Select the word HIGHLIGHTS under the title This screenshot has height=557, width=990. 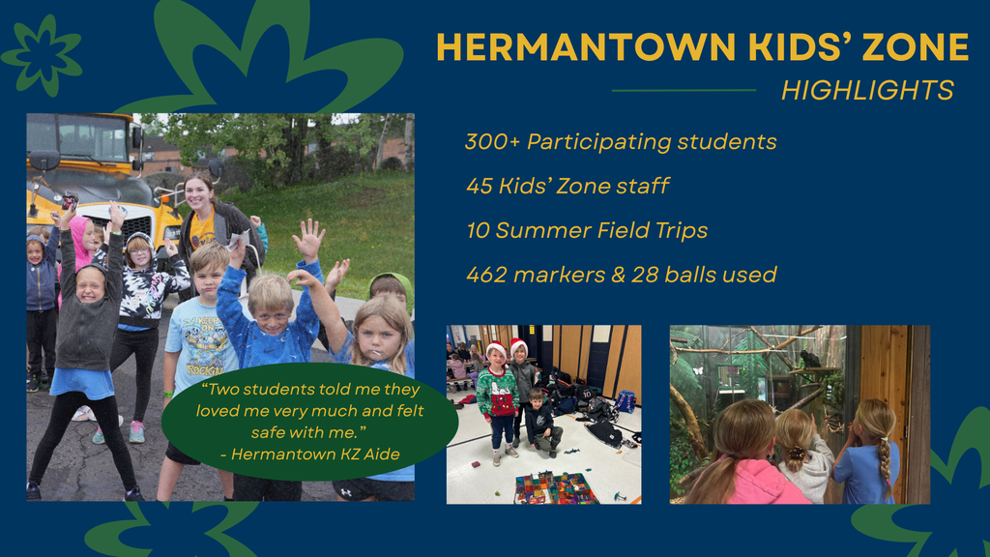tap(867, 91)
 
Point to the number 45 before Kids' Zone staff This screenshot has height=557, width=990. tap(479, 186)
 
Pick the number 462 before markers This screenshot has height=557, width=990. tap(486, 275)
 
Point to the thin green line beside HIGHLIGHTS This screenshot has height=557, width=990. tap(684, 91)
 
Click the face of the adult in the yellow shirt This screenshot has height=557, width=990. tap(199, 193)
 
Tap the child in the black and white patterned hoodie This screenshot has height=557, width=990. tap(141, 285)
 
